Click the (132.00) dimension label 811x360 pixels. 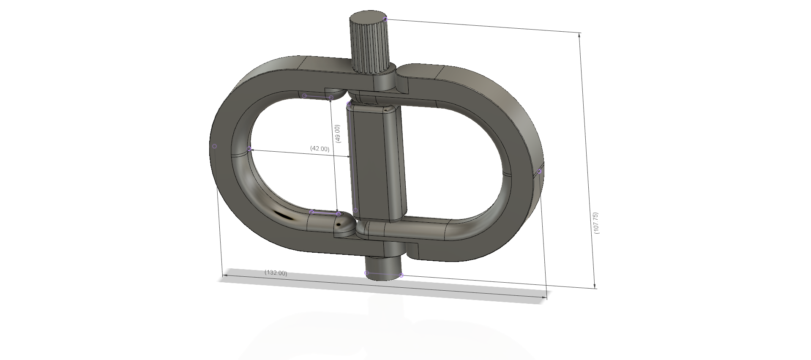pos(276,273)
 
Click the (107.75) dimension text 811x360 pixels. pos(596,223)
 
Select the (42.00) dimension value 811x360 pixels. pos(319,149)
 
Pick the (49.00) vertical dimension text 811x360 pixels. pos(337,134)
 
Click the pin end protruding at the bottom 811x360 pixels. pos(382,266)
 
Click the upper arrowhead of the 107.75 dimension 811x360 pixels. pos(579,35)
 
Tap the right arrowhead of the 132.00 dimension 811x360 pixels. pos(543,298)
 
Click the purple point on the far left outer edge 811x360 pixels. pos(215,146)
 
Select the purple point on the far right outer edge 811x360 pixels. pos(540,171)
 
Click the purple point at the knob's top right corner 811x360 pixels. pos(385,19)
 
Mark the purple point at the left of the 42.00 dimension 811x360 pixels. pos(249,149)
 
